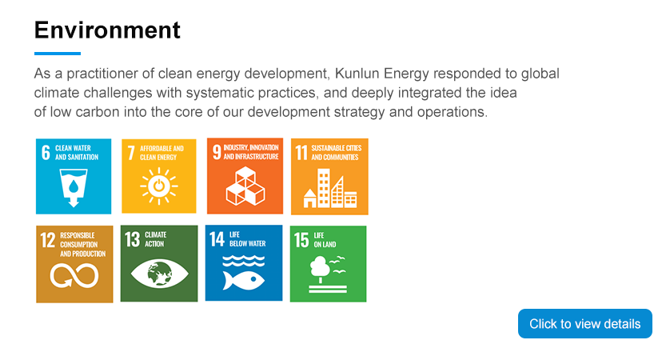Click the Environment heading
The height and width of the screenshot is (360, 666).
click(x=107, y=30)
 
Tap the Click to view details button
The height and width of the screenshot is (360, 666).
click(x=585, y=323)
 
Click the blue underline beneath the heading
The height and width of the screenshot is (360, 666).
click(x=58, y=54)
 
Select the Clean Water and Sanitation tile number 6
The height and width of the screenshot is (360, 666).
click(x=74, y=176)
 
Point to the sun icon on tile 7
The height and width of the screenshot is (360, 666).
click(x=159, y=186)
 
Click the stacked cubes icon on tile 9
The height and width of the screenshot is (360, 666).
click(x=245, y=186)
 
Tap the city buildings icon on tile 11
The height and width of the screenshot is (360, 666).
click(x=330, y=188)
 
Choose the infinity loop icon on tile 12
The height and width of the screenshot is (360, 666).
click(x=74, y=275)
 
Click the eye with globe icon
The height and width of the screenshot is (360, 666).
click(x=159, y=273)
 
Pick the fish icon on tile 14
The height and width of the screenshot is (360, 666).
click(x=244, y=280)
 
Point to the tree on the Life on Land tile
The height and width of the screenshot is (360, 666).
click(x=320, y=269)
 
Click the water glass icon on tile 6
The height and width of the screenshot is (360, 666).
click(x=74, y=188)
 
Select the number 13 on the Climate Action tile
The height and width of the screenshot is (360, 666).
click(x=132, y=239)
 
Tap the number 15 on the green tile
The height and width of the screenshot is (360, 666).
click(x=301, y=240)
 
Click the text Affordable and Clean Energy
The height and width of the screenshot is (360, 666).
click(x=162, y=153)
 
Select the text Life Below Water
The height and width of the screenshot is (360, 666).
click(x=248, y=239)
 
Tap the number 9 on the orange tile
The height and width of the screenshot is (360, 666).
click(x=217, y=152)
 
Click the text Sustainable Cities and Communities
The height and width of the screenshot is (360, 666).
click(x=336, y=153)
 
